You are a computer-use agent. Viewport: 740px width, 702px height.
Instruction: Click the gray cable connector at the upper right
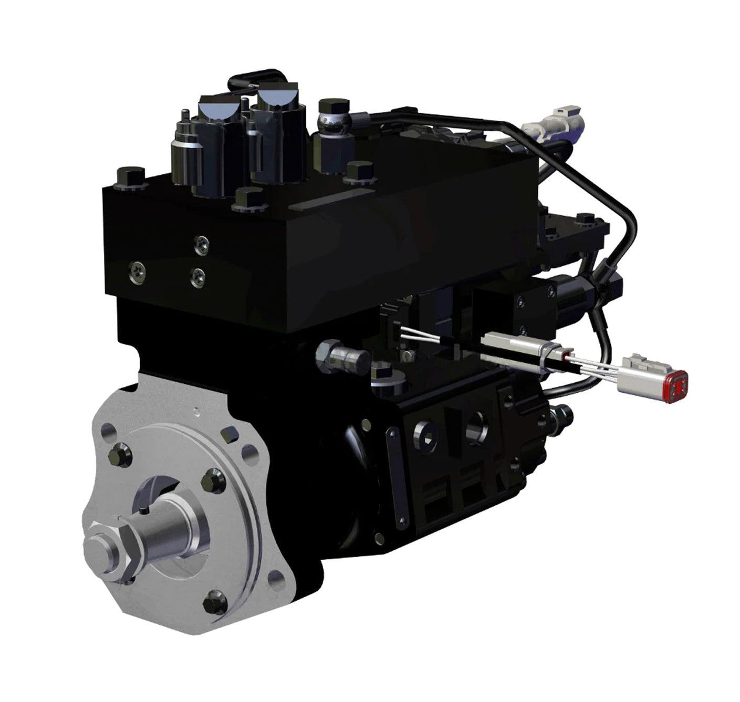(557, 120)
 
